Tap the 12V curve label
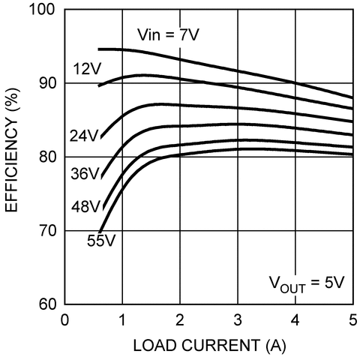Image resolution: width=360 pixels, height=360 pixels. pyautogui.click(x=87, y=70)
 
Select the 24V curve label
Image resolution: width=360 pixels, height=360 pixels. pyautogui.click(x=84, y=136)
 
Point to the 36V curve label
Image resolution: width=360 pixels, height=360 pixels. pyautogui.click(x=84, y=174)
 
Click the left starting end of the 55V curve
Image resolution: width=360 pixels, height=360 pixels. pyautogui.click(x=100, y=231)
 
